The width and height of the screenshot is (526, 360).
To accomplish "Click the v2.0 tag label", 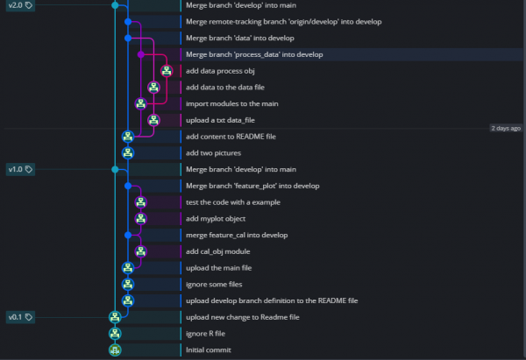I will [19, 5].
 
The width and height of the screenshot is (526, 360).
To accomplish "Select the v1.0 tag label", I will [19, 169].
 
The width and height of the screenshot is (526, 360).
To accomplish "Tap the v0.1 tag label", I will [19, 317].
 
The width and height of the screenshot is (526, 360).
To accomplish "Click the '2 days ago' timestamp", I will [506, 128].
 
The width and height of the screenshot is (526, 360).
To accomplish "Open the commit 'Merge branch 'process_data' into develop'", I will [254, 54].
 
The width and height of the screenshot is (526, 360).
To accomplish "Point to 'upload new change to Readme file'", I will [243, 317].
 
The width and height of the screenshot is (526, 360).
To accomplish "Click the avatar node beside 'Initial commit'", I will [115, 349].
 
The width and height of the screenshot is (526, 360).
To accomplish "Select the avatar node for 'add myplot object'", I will [141, 218].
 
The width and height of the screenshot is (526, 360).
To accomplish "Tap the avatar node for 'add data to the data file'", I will [154, 87].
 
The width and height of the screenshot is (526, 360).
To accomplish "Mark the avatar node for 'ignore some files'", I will [128, 284].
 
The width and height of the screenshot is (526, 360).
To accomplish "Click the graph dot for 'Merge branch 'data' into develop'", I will [128, 38].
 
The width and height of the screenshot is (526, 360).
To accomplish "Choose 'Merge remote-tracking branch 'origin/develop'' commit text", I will [277, 21].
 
